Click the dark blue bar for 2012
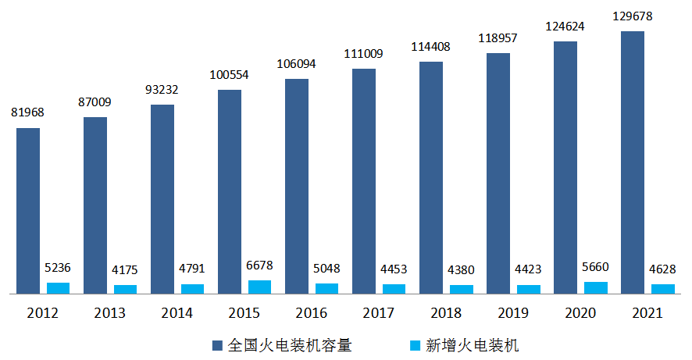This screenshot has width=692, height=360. coord(28,211)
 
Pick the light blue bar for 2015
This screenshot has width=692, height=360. coord(259,287)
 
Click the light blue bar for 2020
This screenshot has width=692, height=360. coord(596,287)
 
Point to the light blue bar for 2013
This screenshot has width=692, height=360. coord(125,289)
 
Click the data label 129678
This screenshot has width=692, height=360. coord(633,16)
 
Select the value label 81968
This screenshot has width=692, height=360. coord(27,112)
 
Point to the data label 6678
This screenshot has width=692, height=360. coord(259,265)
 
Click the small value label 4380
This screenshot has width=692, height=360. coord(461,270)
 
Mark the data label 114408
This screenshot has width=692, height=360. coord(431,46)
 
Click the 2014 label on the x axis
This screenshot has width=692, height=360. coord(177,313)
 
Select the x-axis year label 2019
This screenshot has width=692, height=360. coord(513,313)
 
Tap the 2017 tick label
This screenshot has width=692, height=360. coord(379,313)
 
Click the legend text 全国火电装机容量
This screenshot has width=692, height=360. coord(293,344)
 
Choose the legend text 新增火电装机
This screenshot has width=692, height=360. coord(472,344)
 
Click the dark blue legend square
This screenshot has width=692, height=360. coord(216,344)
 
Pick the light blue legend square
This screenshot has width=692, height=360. coord(415,344)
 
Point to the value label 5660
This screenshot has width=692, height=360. coord(595,267)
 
